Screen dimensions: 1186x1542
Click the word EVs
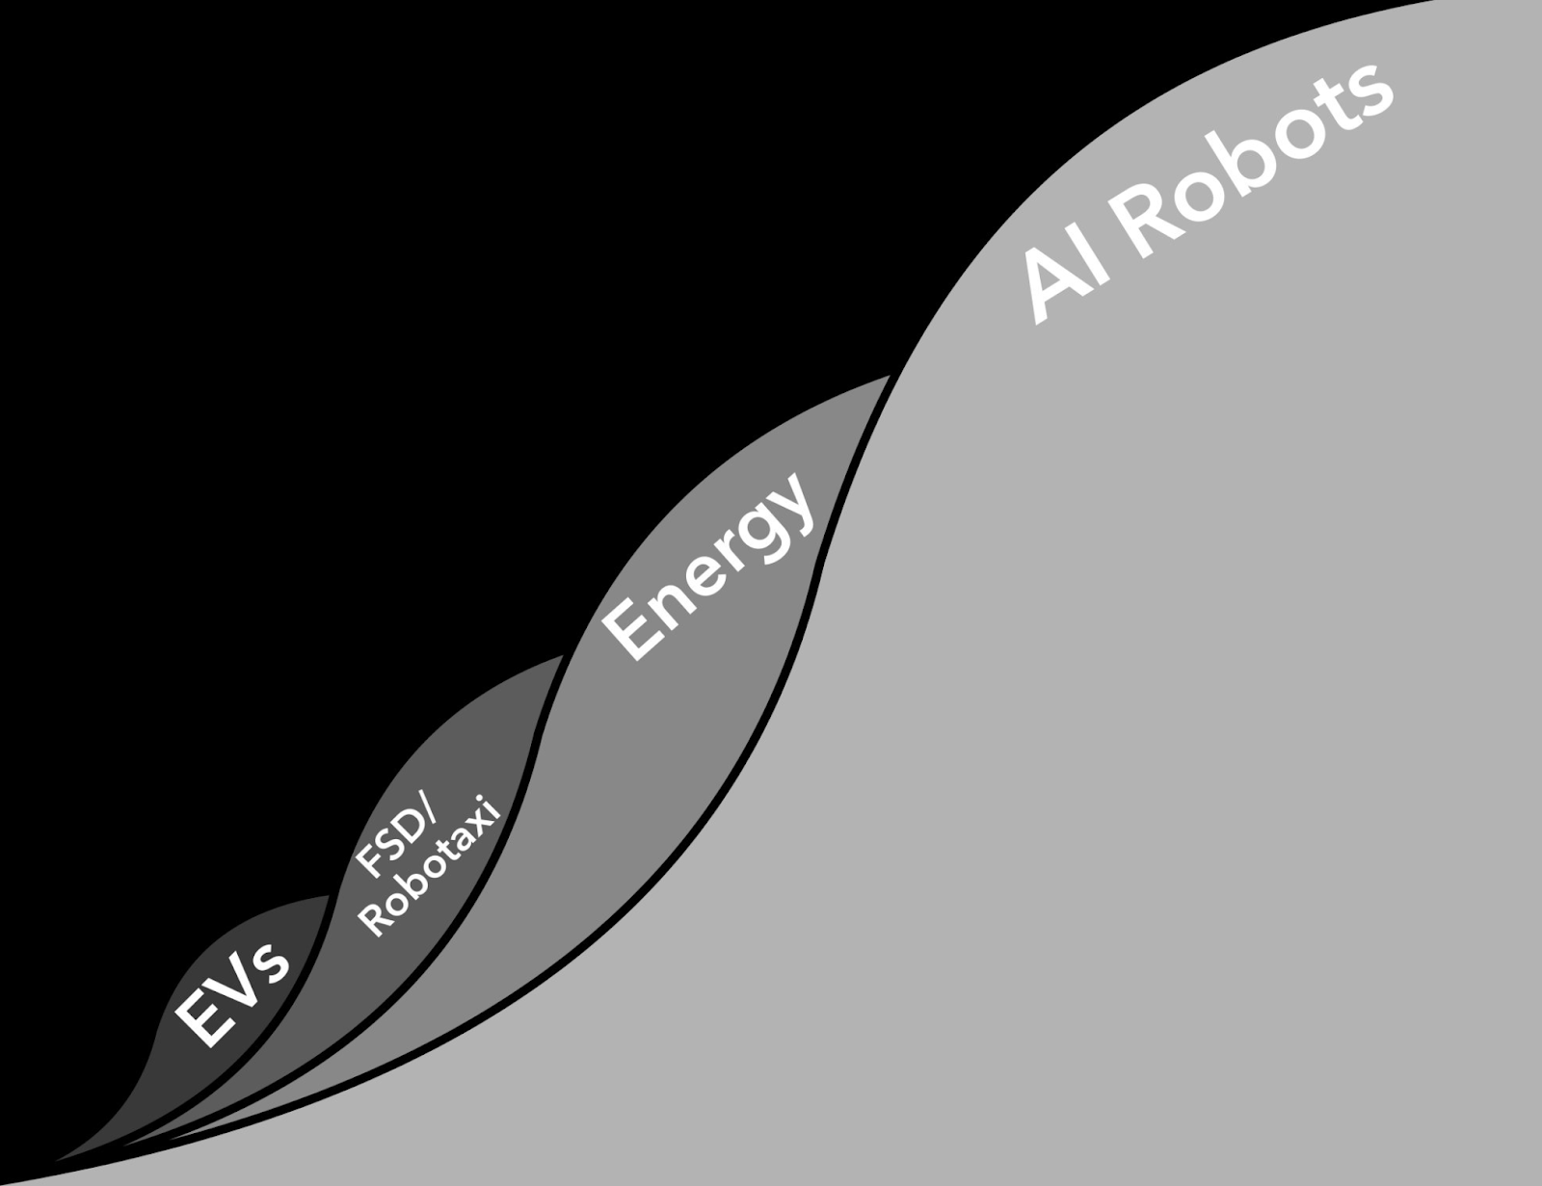click(232, 991)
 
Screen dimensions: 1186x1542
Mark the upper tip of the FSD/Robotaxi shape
click(563, 657)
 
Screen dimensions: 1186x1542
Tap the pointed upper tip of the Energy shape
click(888, 377)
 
